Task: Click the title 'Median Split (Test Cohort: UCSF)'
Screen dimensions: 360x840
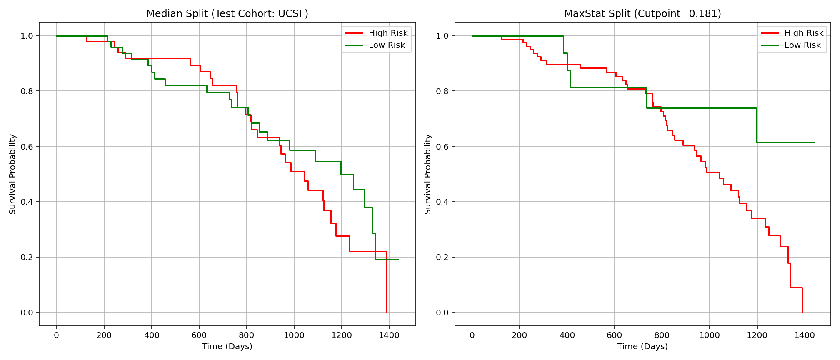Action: (x=227, y=14)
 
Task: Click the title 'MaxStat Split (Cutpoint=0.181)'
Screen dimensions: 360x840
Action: (x=642, y=14)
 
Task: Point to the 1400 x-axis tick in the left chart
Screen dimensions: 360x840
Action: (x=389, y=335)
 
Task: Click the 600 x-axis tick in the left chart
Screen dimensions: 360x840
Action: (x=199, y=335)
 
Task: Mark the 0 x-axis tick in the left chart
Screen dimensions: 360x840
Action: (x=56, y=335)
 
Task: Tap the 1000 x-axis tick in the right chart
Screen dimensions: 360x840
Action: (x=710, y=335)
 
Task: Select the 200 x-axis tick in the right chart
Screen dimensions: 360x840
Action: (x=519, y=335)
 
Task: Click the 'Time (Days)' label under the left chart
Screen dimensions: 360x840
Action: (x=227, y=347)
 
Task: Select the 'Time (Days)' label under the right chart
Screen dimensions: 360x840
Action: (x=642, y=347)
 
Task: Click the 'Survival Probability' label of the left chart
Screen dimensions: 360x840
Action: (x=12, y=174)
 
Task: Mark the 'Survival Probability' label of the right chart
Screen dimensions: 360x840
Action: (x=428, y=174)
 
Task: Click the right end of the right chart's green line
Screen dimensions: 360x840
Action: (x=814, y=142)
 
